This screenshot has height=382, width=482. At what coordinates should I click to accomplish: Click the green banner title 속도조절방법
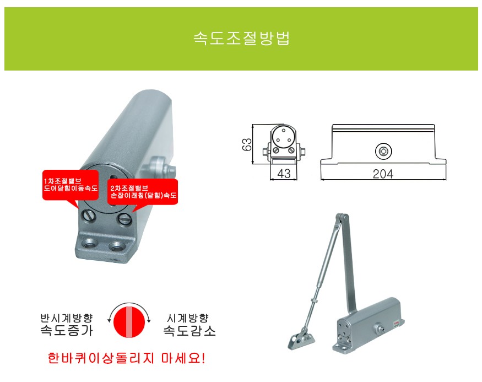pyautogui.click(x=241, y=39)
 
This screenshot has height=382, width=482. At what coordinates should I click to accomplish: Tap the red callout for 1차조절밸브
pyautogui.click(x=71, y=185)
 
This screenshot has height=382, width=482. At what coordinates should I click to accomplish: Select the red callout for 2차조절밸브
pyautogui.click(x=143, y=192)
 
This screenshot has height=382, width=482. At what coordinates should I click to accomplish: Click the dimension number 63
pyautogui.click(x=247, y=144)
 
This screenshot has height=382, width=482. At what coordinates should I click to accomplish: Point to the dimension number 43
pyautogui.click(x=284, y=174)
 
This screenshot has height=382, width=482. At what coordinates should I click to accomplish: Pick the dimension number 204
pyautogui.click(x=383, y=174)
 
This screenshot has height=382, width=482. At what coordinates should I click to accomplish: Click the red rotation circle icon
pyautogui.click(x=129, y=322)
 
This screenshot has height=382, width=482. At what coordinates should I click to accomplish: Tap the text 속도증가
pyautogui.click(x=67, y=330)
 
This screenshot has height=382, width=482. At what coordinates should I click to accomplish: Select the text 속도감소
pyautogui.click(x=189, y=331)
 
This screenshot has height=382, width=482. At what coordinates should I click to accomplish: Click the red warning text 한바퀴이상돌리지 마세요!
pyautogui.click(x=126, y=358)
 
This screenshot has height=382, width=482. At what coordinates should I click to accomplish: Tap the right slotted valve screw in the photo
pyautogui.click(x=125, y=219)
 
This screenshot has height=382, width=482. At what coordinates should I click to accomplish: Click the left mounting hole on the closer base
pyautogui.click(x=90, y=243)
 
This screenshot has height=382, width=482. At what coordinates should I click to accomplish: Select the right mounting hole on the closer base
pyautogui.click(x=117, y=246)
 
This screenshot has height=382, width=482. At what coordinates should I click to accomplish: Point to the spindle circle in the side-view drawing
pyautogui.click(x=383, y=151)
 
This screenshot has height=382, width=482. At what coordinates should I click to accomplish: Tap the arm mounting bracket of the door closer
pyautogui.click(x=301, y=340)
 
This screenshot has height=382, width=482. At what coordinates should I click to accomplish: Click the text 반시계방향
pyautogui.click(x=67, y=318)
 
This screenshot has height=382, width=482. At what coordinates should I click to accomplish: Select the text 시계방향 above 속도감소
pyautogui.click(x=188, y=318)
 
